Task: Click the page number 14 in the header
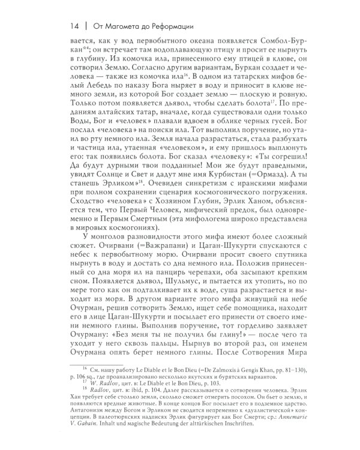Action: [74, 26]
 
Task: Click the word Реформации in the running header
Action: [163, 26]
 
